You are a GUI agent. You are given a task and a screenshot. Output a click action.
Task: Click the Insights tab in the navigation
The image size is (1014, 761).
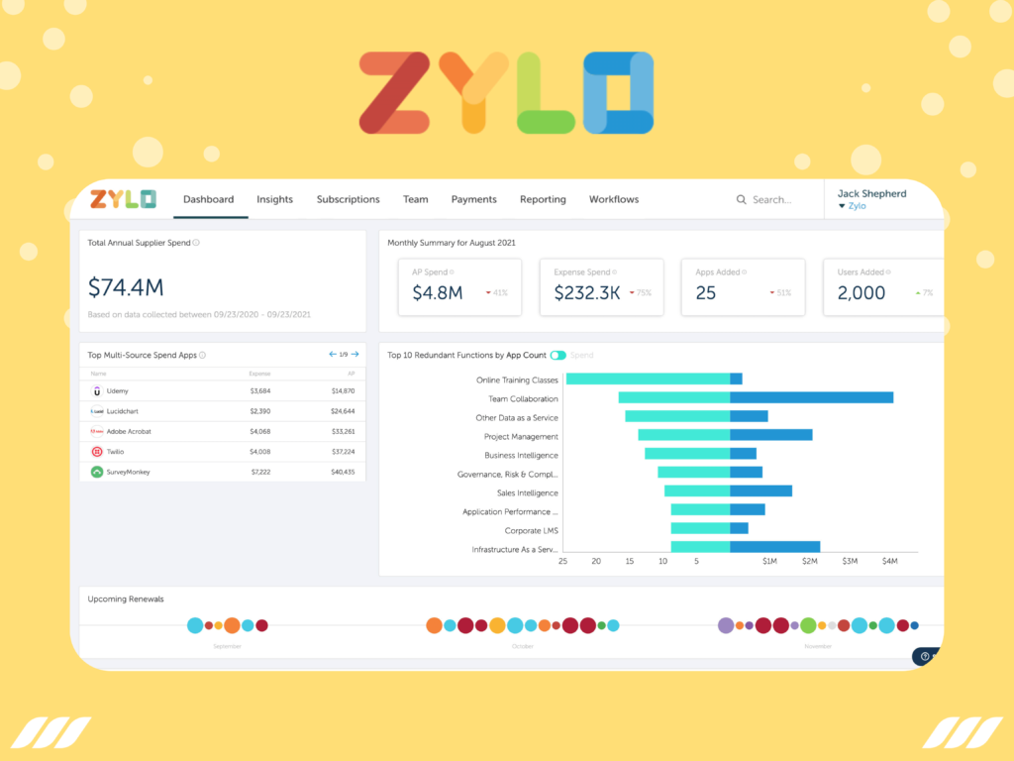pyautogui.click(x=274, y=199)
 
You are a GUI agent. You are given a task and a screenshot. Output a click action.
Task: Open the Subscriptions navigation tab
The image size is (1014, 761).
pyautogui.click(x=348, y=199)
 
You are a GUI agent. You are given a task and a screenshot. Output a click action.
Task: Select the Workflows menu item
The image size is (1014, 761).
pyautogui.click(x=614, y=199)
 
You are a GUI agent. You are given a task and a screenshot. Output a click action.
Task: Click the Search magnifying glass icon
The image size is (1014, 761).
pyautogui.click(x=741, y=199)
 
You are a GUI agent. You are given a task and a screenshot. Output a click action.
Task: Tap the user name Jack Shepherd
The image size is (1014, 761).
pyautogui.click(x=871, y=193)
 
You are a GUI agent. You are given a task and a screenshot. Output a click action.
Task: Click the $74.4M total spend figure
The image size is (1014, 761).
pyautogui.click(x=126, y=287)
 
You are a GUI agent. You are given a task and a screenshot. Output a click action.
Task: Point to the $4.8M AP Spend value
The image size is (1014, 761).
pyautogui.click(x=438, y=292)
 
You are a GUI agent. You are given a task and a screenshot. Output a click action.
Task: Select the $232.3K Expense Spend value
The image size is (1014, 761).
pyautogui.click(x=587, y=292)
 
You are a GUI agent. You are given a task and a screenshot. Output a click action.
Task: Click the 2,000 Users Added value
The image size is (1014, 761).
pyautogui.click(x=862, y=292)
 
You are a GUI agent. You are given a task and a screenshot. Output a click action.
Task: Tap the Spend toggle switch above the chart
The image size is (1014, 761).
pyautogui.click(x=558, y=355)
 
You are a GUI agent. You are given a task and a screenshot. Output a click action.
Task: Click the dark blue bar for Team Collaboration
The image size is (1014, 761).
pyautogui.click(x=811, y=397)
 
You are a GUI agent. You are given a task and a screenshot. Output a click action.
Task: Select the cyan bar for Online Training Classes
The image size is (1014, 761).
pyautogui.click(x=648, y=379)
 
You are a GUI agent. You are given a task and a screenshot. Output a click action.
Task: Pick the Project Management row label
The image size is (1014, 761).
pyautogui.click(x=521, y=436)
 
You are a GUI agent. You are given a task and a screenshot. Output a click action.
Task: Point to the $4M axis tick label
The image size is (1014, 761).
pyautogui.click(x=889, y=562)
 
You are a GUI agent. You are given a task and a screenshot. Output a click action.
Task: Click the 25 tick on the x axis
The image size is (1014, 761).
pyautogui.click(x=562, y=562)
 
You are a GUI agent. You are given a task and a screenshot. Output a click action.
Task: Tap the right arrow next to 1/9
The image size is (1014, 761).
pyautogui.click(x=355, y=354)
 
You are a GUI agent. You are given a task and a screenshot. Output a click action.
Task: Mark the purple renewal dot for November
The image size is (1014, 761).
pyautogui.click(x=726, y=625)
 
